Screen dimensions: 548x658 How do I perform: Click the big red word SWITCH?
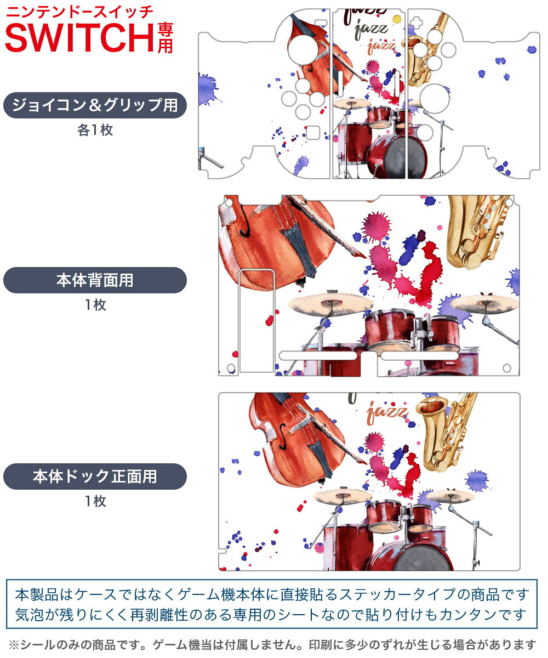(x=79, y=37)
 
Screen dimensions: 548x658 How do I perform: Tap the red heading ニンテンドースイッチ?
(x=79, y=12)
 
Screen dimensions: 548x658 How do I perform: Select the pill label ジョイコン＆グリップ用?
(x=95, y=105)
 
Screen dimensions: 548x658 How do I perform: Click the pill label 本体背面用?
(x=95, y=280)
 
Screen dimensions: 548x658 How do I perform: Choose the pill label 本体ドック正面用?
(x=95, y=477)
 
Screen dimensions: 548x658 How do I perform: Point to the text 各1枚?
(x=95, y=130)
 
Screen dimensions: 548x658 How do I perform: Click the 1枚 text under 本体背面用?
(x=95, y=305)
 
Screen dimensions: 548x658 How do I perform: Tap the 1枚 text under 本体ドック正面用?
(x=95, y=501)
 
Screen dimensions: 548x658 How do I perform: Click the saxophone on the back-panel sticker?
(x=477, y=231)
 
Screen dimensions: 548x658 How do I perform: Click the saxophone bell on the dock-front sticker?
(x=432, y=406)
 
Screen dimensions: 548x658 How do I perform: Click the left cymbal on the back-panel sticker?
(x=330, y=304)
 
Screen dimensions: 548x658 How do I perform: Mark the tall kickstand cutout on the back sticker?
(x=256, y=321)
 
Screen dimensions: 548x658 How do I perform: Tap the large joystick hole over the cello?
(x=303, y=50)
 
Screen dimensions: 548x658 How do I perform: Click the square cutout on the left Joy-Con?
(x=313, y=133)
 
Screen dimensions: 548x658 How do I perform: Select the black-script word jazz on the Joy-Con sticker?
(x=370, y=30)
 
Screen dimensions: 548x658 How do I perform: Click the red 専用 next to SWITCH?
(x=165, y=38)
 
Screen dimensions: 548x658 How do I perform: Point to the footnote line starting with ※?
(x=272, y=644)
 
